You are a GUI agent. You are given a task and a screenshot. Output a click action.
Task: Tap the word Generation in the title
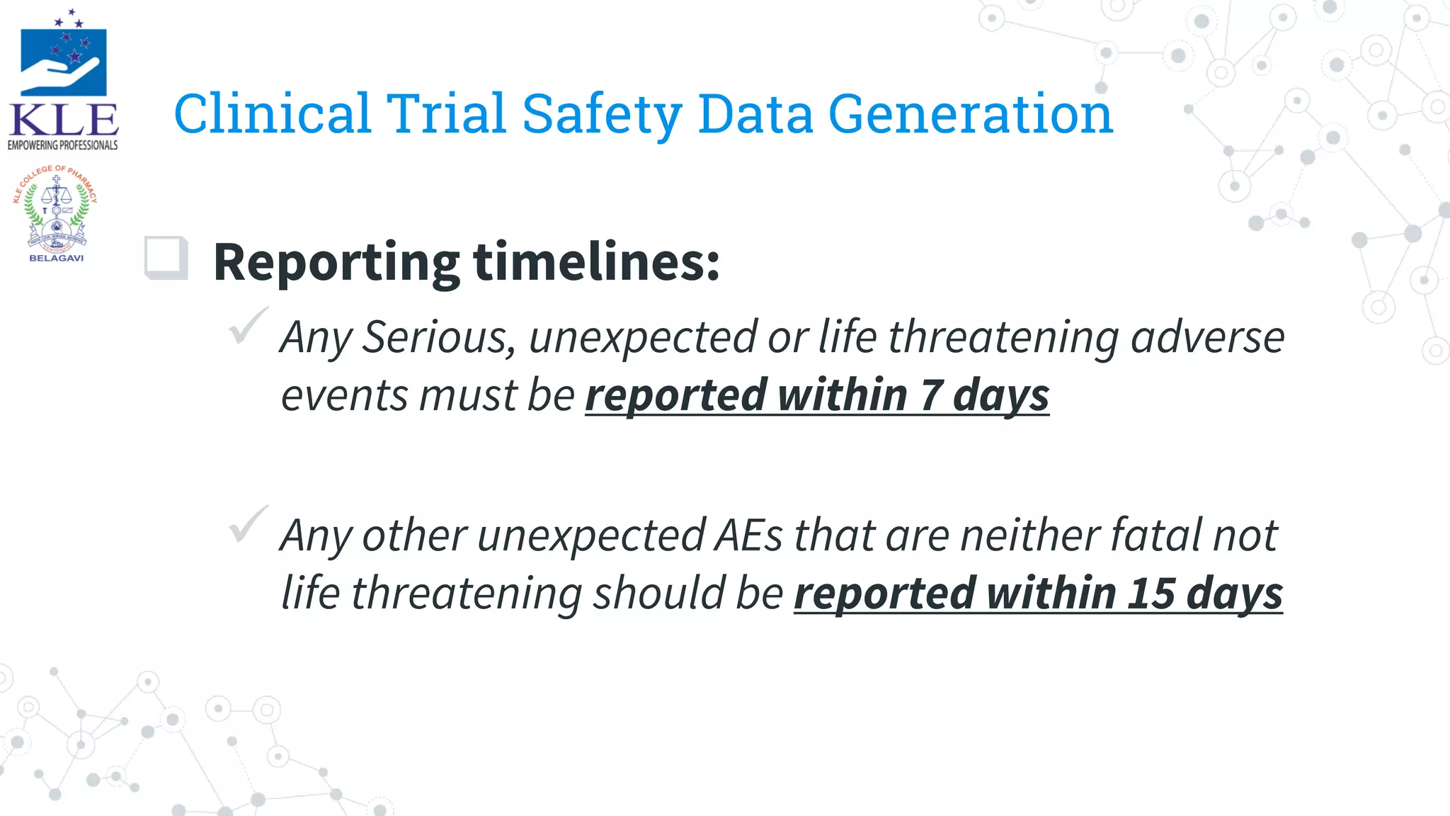coord(970,114)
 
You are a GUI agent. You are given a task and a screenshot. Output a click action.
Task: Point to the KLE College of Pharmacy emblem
coord(55,210)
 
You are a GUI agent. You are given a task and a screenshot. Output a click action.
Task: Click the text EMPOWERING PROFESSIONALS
coord(62,145)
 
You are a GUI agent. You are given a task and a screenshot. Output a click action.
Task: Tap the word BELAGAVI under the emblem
coord(56,259)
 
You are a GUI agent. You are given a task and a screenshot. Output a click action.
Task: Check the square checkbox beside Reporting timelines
coord(166,258)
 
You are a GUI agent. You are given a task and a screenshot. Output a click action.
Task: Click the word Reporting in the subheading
coord(336,262)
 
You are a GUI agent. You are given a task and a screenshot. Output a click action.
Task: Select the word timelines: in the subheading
coord(596,262)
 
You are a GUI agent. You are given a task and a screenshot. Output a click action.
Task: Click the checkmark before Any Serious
coord(247,326)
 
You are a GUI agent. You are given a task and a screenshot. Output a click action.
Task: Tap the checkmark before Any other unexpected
coord(247,524)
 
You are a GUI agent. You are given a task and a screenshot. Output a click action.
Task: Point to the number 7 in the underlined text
coord(930,395)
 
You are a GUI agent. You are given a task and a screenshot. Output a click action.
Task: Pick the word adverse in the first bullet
coord(1207,336)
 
